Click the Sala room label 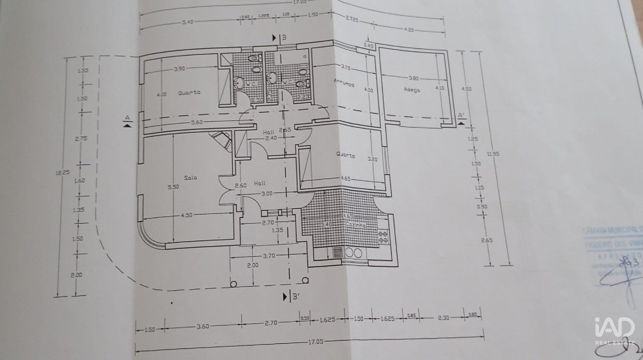click(191, 178)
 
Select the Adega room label click(412, 89)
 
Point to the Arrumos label click(344, 84)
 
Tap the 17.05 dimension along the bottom click(315, 342)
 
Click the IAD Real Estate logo click(614, 331)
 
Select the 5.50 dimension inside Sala click(173, 187)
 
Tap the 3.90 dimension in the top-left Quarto click(179, 69)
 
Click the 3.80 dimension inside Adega click(414, 78)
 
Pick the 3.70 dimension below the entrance click(269, 256)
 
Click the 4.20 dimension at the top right click(409, 30)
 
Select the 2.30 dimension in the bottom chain click(443, 318)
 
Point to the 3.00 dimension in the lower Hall click(267, 193)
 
